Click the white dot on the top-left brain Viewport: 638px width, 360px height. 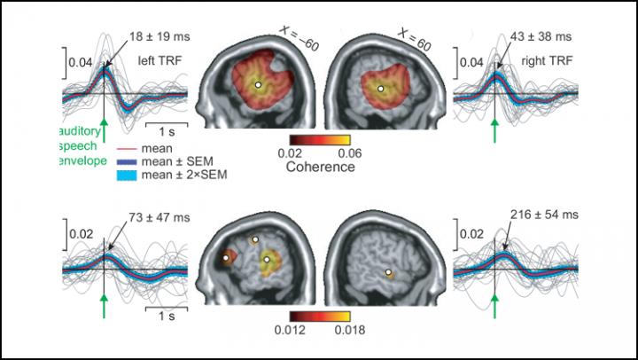(x=258, y=85)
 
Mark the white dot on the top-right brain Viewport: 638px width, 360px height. (x=380, y=88)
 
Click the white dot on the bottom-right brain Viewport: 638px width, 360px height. (x=388, y=271)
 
